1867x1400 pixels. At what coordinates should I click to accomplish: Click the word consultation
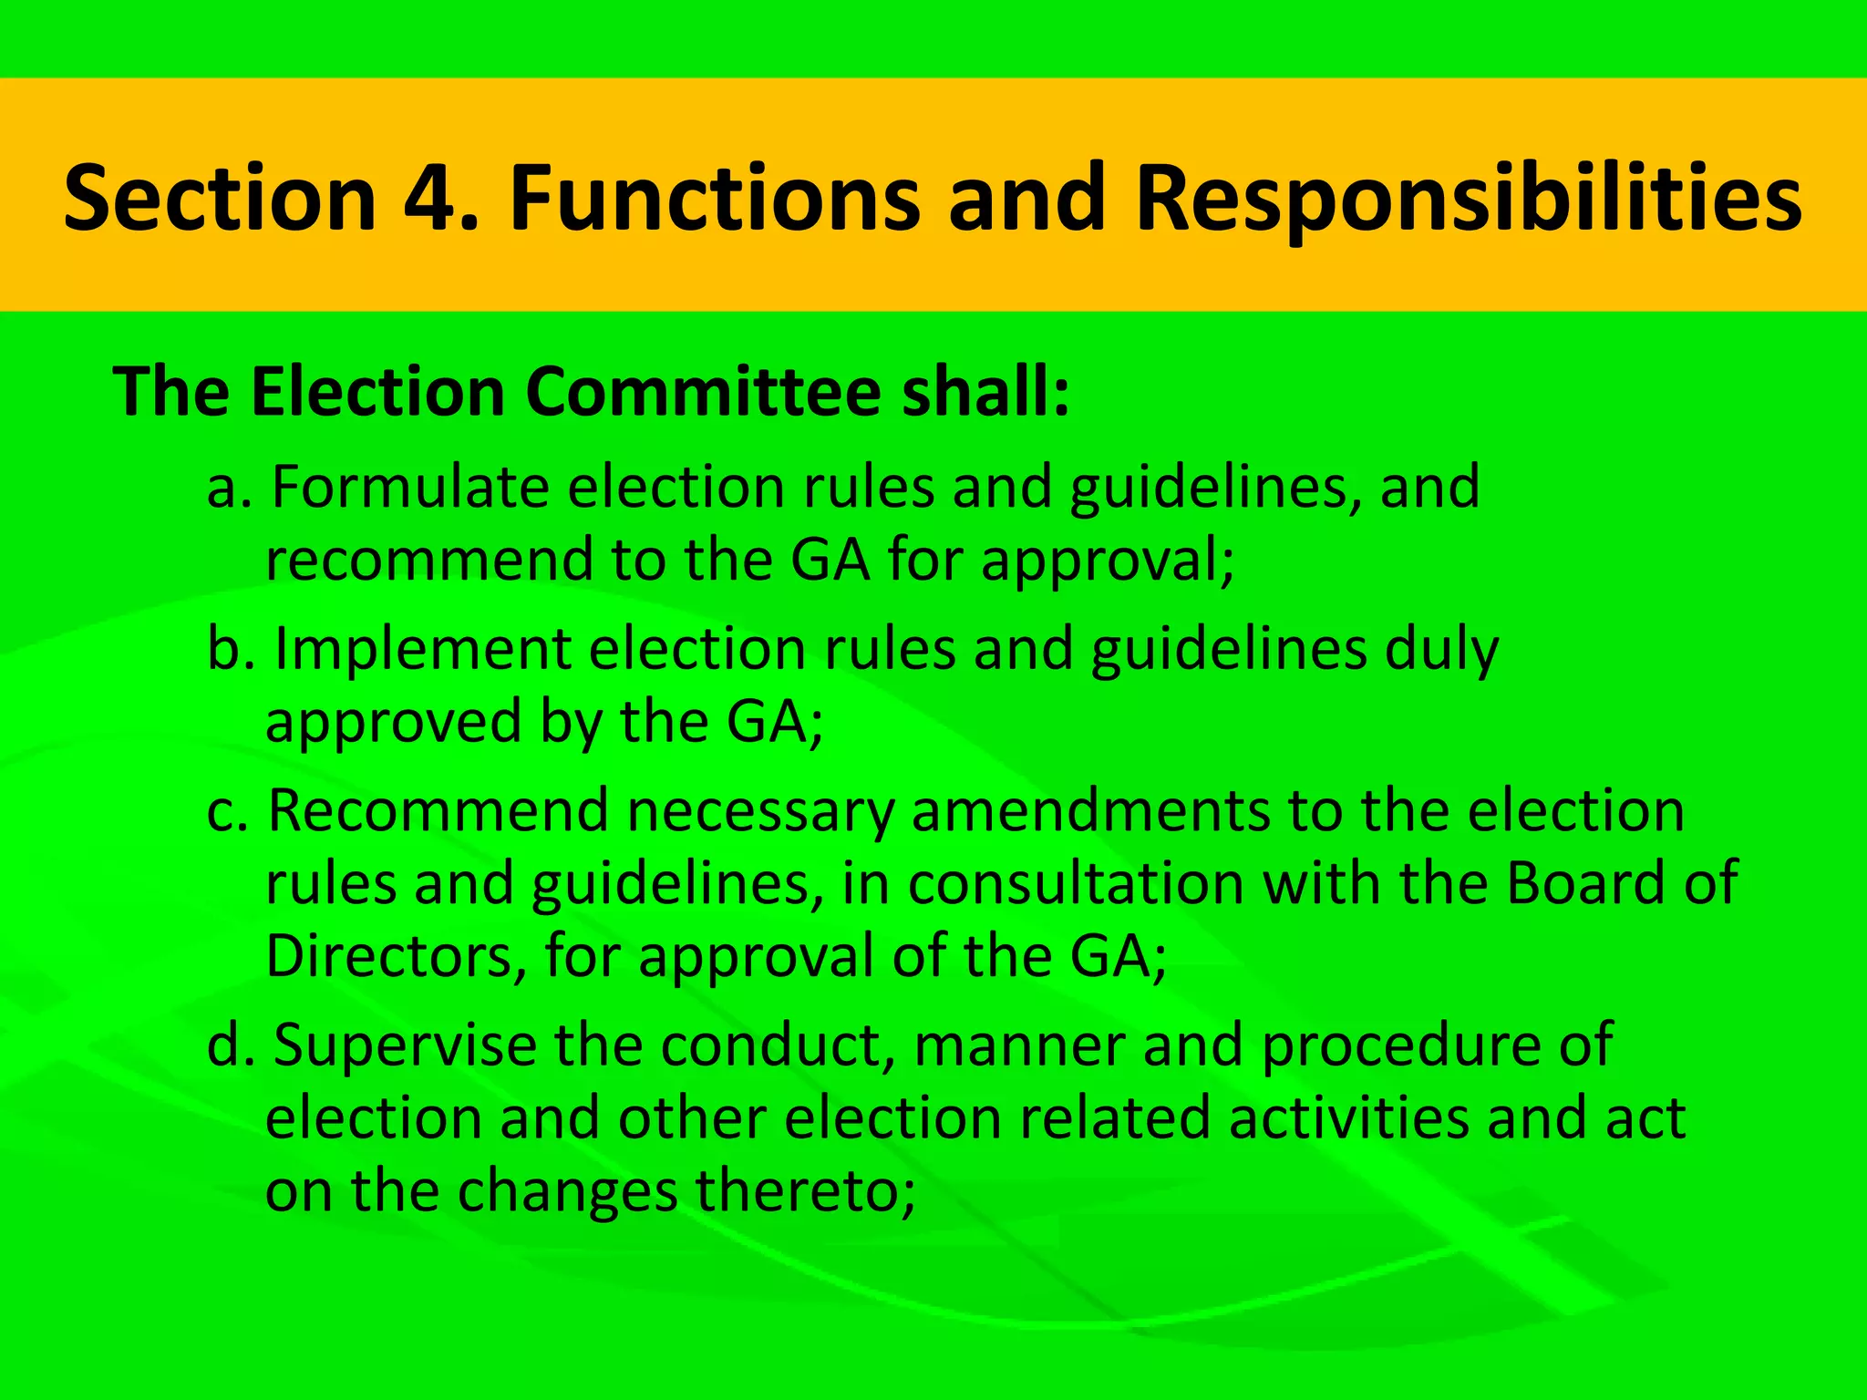tap(1076, 883)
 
